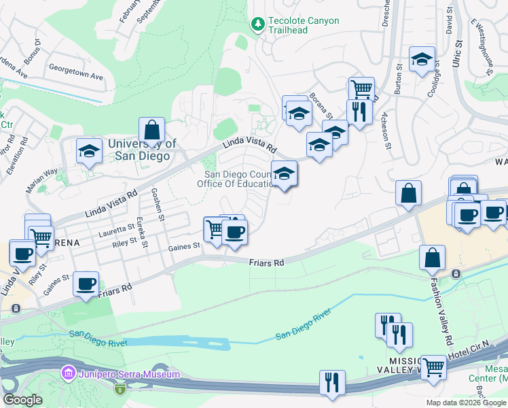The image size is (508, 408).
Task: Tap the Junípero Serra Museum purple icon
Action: [x=67, y=373]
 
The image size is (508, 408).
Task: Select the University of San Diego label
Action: [x=142, y=149]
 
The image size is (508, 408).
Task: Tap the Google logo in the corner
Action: [x=22, y=400]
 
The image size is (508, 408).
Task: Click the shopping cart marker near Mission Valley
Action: [x=433, y=367]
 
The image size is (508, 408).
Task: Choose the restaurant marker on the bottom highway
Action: [x=332, y=382]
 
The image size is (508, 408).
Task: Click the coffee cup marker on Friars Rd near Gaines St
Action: [x=86, y=284]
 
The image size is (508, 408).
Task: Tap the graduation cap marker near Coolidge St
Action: [x=422, y=59]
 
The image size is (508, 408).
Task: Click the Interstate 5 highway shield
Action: [x=120, y=388]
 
